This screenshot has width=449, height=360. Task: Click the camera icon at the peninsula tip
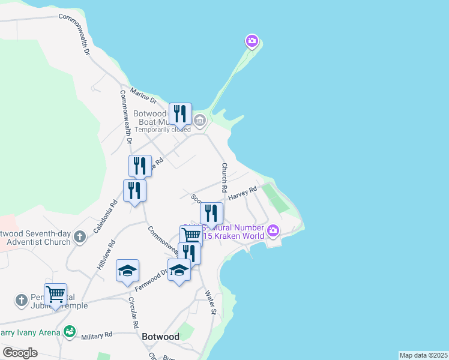pyautogui.click(x=252, y=41)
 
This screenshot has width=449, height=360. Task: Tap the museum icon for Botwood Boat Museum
pyautogui.click(x=200, y=121)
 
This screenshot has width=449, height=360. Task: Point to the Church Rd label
pyautogui.click(x=224, y=177)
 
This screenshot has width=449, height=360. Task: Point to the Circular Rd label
pyautogui.click(x=133, y=313)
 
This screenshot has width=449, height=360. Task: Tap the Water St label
pyautogui.click(x=210, y=302)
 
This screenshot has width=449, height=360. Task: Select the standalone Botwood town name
pyautogui.click(x=160, y=337)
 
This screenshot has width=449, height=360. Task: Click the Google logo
pyautogui.click(x=20, y=352)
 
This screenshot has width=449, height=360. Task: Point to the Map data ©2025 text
pyautogui.click(x=423, y=355)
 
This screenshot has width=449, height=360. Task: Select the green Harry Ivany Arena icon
pyautogui.click(x=70, y=331)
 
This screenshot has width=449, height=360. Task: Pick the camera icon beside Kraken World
pyautogui.click(x=273, y=230)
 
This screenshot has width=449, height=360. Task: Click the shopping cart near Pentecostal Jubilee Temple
pyautogui.click(x=55, y=294)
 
